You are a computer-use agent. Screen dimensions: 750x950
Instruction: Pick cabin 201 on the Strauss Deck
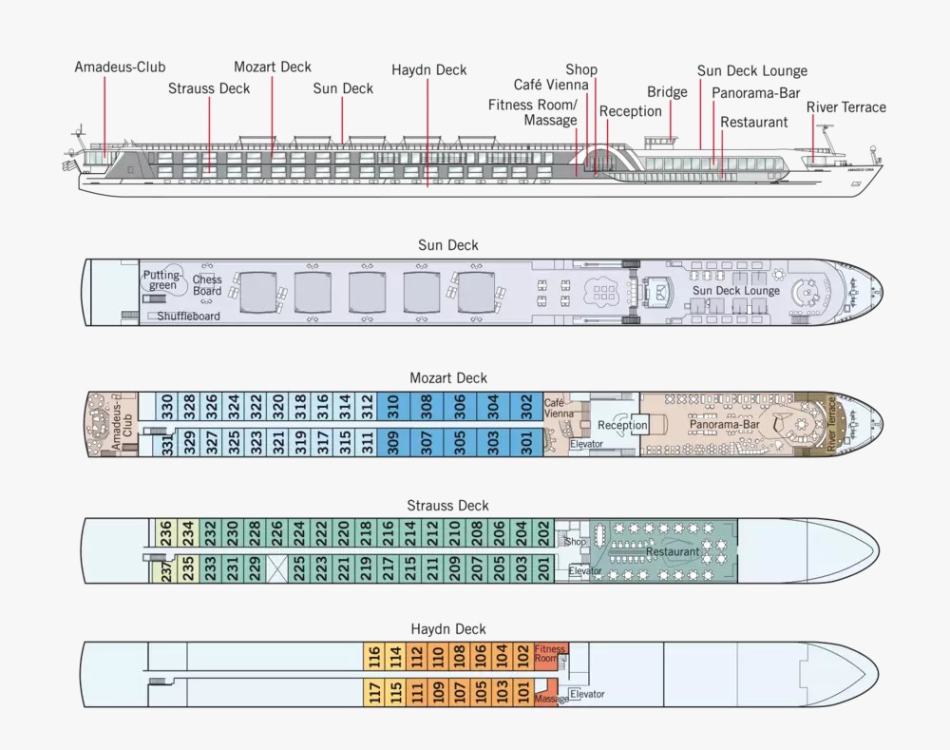click(x=543, y=567)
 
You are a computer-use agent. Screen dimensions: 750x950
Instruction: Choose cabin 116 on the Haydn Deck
click(x=374, y=657)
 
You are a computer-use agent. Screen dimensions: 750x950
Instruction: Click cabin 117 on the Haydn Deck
click(x=374, y=692)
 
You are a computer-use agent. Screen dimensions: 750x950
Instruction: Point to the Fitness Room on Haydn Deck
click(x=549, y=654)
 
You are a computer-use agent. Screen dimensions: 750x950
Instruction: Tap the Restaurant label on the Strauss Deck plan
click(x=673, y=551)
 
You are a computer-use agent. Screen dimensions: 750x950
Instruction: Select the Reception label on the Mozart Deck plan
click(x=622, y=425)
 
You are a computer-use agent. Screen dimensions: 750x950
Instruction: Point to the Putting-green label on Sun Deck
click(x=162, y=280)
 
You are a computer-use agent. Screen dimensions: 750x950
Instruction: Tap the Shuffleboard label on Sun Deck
click(x=188, y=317)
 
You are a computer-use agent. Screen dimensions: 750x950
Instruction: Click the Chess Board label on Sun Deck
click(x=207, y=285)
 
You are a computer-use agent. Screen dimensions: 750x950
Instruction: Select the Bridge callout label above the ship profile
click(x=667, y=92)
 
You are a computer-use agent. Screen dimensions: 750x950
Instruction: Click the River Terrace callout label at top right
click(x=845, y=107)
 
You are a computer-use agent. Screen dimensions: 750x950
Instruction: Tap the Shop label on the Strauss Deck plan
click(x=575, y=542)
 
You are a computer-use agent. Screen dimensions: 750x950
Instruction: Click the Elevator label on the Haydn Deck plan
click(x=587, y=694)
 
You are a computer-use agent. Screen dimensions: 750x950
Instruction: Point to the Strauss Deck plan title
click(x=447, y=506)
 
